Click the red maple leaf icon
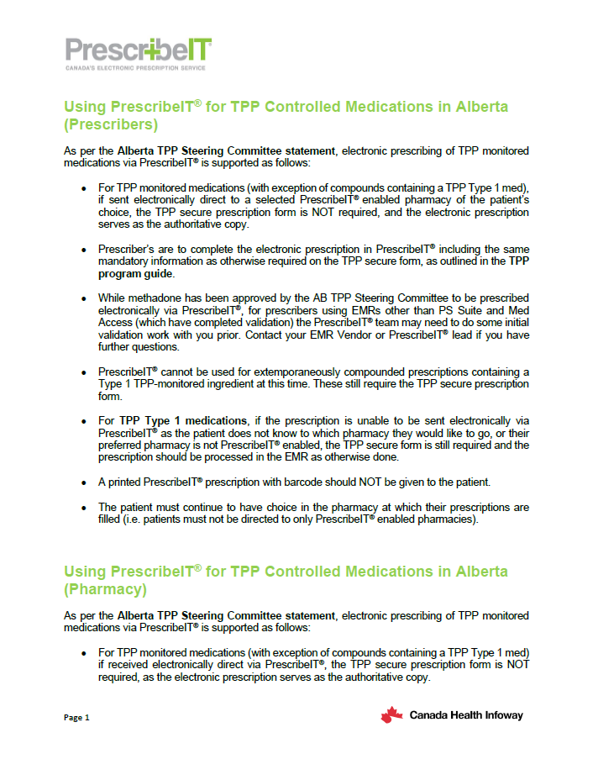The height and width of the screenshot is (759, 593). click(x=391, y=715)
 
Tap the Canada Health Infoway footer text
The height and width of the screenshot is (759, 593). click(x=465, y=715)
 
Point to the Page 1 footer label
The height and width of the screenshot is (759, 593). click(x=76, y=717)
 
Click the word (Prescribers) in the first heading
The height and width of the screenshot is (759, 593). click(x=111, y=125)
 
